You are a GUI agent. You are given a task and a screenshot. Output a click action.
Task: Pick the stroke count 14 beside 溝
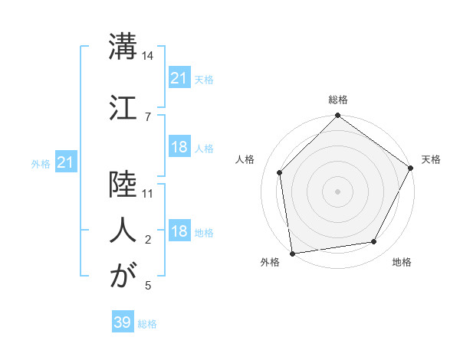click(x=148, y=56)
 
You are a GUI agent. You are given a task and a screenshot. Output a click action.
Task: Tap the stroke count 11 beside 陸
click(x=148, y=193)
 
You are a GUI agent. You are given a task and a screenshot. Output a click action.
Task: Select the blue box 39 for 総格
click(x=123, y=322)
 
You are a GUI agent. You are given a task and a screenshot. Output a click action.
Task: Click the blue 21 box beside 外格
click(x=66, y=162)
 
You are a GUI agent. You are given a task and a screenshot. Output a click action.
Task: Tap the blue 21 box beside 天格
click(x=179, y=77)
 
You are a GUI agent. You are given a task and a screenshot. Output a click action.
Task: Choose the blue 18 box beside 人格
click(x=179, y=147)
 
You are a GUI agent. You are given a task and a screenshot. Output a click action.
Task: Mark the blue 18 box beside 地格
click(x=179, y=231)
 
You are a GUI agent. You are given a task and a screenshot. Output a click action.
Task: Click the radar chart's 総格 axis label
click(x=338, y=100)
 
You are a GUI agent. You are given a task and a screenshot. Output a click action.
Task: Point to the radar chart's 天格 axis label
click(x=431, y=159)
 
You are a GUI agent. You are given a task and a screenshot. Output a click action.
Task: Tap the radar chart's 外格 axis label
click(x=270, y=263)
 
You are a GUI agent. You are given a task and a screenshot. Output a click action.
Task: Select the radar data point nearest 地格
click(x=374, y=241)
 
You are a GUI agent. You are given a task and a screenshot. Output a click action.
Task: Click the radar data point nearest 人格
click(x=280, y=172)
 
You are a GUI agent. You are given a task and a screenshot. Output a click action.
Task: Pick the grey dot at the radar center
click(x=337, y=191)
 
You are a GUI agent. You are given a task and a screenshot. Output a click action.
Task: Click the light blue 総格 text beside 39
click(x=147, y=324)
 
